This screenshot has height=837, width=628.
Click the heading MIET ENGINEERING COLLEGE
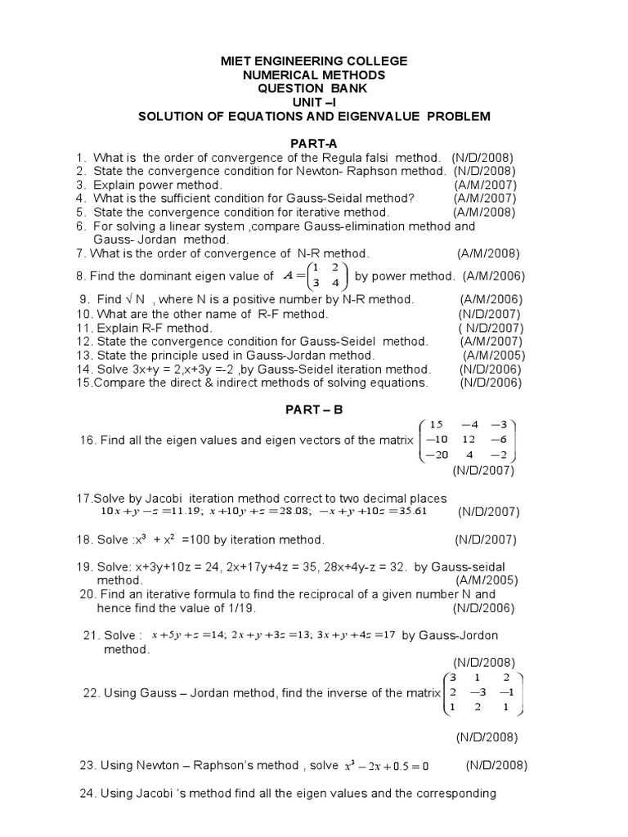coord(314,62)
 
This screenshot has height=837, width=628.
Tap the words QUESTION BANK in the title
coord(314,89)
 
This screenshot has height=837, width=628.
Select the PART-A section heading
coord(314,143)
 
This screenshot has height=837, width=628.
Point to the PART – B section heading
coord(314,410)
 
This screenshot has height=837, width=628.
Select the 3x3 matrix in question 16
coord(468,441)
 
